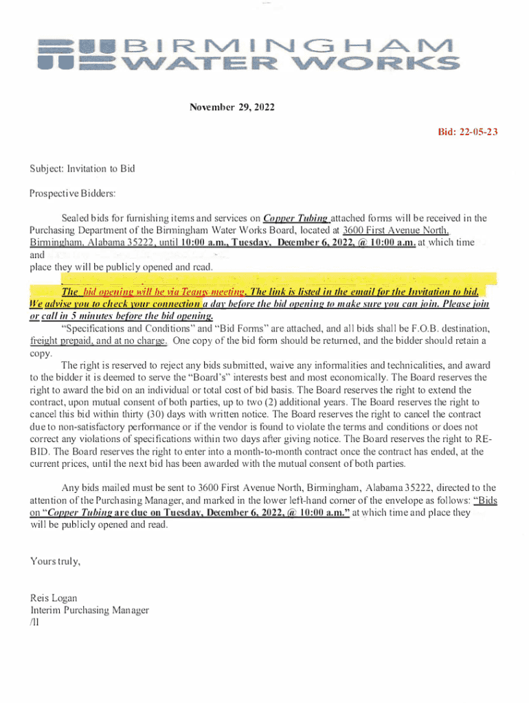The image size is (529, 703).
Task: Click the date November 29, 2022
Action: (232, 108)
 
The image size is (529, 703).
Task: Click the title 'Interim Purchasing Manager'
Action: (89, 610)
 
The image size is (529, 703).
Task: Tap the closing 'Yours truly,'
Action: (55, 562)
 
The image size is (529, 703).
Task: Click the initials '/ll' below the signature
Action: (36, 622)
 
